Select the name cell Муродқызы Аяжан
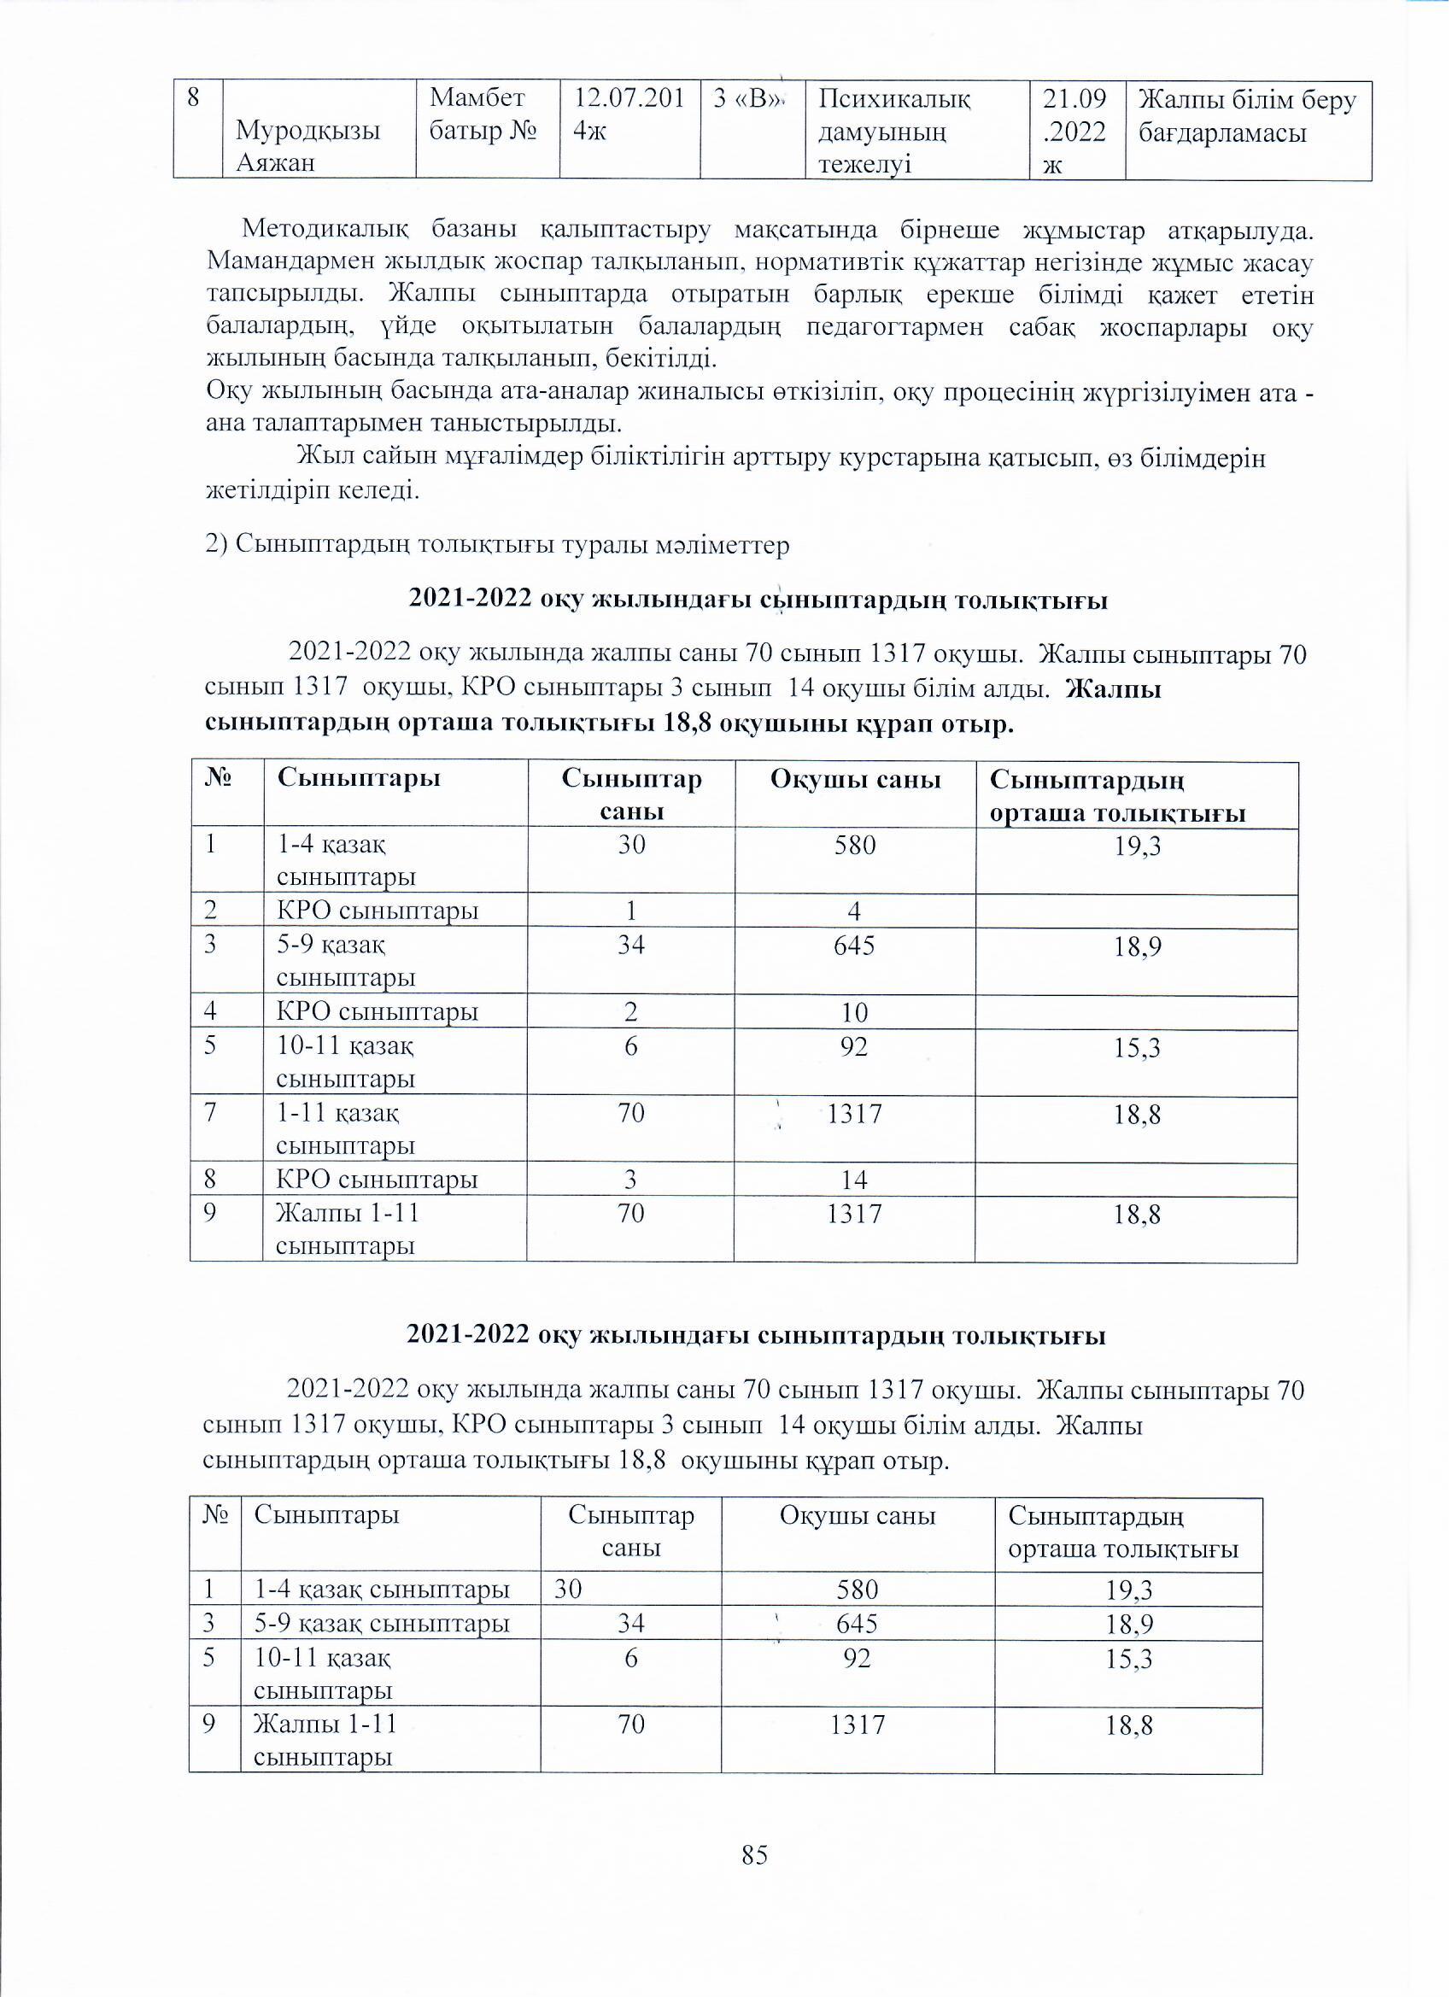point(307,146)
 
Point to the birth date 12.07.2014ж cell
point(629,114)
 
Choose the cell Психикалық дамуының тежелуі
point(893,132)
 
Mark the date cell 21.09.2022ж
point(1074,132)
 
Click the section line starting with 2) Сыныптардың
point(497,545)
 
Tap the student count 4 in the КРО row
point(854,911)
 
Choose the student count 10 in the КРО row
point(854,1012)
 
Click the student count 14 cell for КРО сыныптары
point(854,1180)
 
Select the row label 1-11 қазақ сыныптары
point(345,1130)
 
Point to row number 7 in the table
point(210,1114)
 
